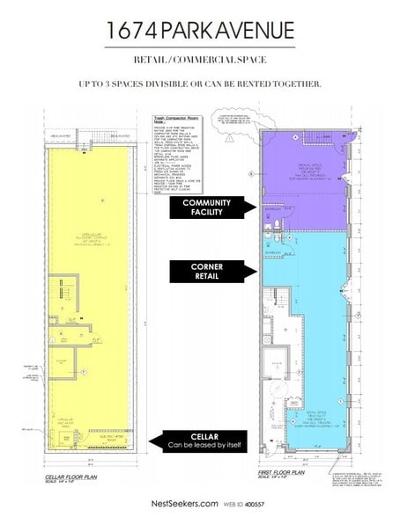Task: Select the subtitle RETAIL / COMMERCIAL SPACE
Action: (200, 60)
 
